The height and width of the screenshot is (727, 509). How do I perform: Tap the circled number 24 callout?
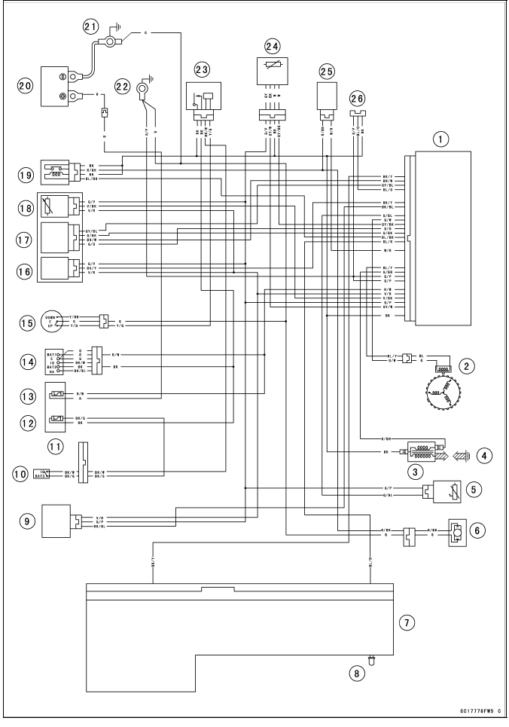coord(273,47)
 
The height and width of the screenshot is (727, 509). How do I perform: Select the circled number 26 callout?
coord(358,98)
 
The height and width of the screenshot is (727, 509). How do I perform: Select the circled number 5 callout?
coord(476,488)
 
